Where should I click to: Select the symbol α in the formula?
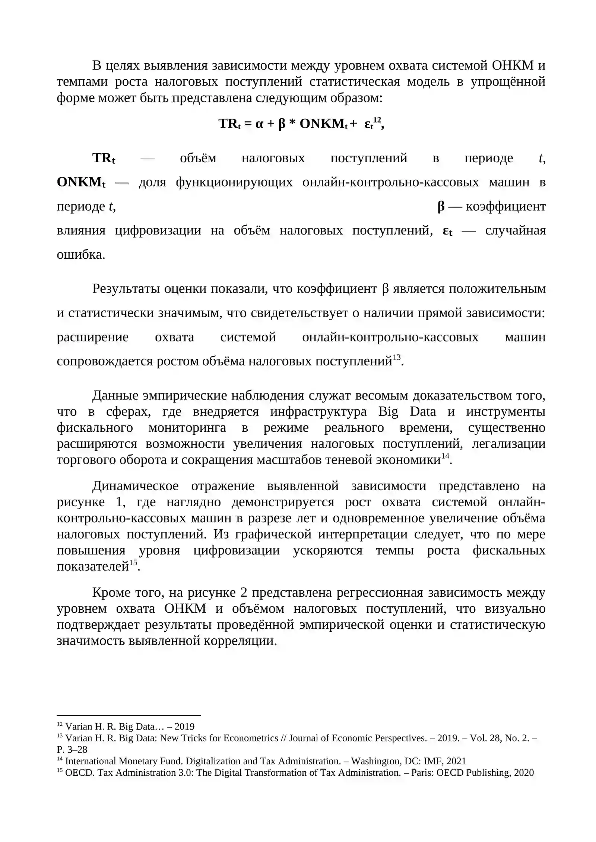click(x=259, y=124)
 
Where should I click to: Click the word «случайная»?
click(x=515, y=230)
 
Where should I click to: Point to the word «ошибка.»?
click(x=81, y=255)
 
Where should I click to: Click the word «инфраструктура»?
click(x=318, y=412)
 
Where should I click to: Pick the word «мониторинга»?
click(x=187, y=428)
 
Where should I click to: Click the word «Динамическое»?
click(x=135, y=486)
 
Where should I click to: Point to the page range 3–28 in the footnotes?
click(x=77, y=749)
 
